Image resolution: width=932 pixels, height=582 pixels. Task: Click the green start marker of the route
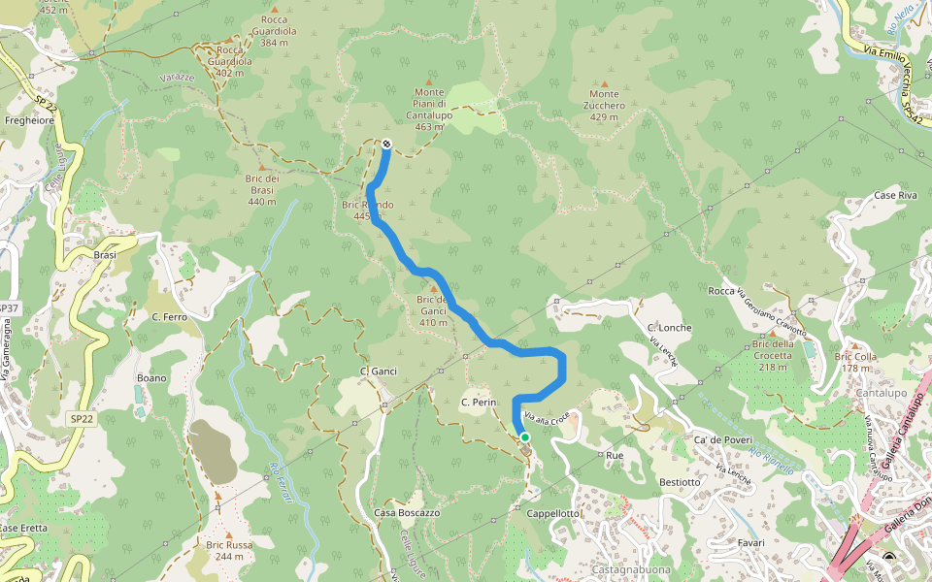525,437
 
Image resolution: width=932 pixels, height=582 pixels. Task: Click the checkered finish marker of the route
386,145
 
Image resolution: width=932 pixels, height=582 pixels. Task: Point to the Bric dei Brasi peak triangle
261,167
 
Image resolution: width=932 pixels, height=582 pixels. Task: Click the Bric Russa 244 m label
229,550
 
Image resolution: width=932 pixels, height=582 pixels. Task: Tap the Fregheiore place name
29,121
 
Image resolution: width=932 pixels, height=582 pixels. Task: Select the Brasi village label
105,255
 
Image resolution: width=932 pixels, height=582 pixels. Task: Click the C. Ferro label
169,317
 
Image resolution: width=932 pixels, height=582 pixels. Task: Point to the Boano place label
152,377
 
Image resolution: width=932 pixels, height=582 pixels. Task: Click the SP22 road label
82,418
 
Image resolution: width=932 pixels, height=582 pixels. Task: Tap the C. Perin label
479,402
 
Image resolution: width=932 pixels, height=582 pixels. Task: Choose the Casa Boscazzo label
407,512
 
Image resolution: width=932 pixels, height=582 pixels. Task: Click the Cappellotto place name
554,513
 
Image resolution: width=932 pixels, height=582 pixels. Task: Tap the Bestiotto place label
679,482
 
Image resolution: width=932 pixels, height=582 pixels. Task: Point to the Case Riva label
895,195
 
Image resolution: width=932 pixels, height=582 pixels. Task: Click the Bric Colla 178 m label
855,362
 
